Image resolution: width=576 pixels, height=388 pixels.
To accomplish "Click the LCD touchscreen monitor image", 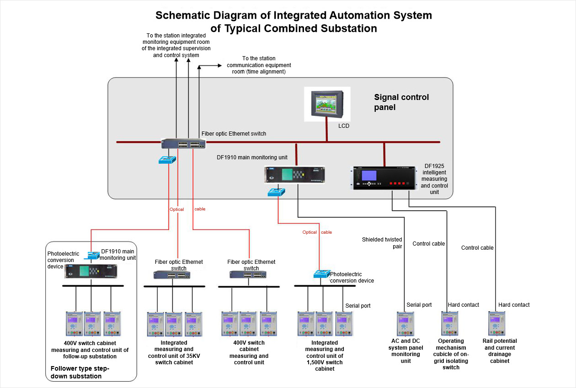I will click(327, 105).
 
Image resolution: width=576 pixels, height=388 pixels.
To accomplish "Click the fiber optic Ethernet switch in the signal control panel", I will click(183, 143).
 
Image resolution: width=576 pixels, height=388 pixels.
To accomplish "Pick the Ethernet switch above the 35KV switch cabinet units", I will click(172, 275).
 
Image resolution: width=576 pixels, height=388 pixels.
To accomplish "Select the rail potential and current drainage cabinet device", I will click(496, 324).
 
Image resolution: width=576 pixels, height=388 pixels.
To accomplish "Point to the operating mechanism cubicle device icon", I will click(449, 324).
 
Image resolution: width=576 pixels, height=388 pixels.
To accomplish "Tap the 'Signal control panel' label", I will click(401, 102).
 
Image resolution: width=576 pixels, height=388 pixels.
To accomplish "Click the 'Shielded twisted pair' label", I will click(382, 243).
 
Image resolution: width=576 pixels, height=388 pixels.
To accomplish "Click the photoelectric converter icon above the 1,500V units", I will click(321, 274).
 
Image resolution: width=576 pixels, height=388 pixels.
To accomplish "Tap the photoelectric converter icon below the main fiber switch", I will click(167, 160).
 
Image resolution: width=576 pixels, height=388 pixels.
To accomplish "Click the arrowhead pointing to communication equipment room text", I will click(222, 66).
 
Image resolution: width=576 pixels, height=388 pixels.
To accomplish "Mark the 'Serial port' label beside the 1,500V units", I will click(358, 306).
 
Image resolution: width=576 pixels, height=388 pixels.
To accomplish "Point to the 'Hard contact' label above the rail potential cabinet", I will click(514, 305).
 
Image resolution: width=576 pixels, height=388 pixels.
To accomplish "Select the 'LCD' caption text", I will click(344, 126).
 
